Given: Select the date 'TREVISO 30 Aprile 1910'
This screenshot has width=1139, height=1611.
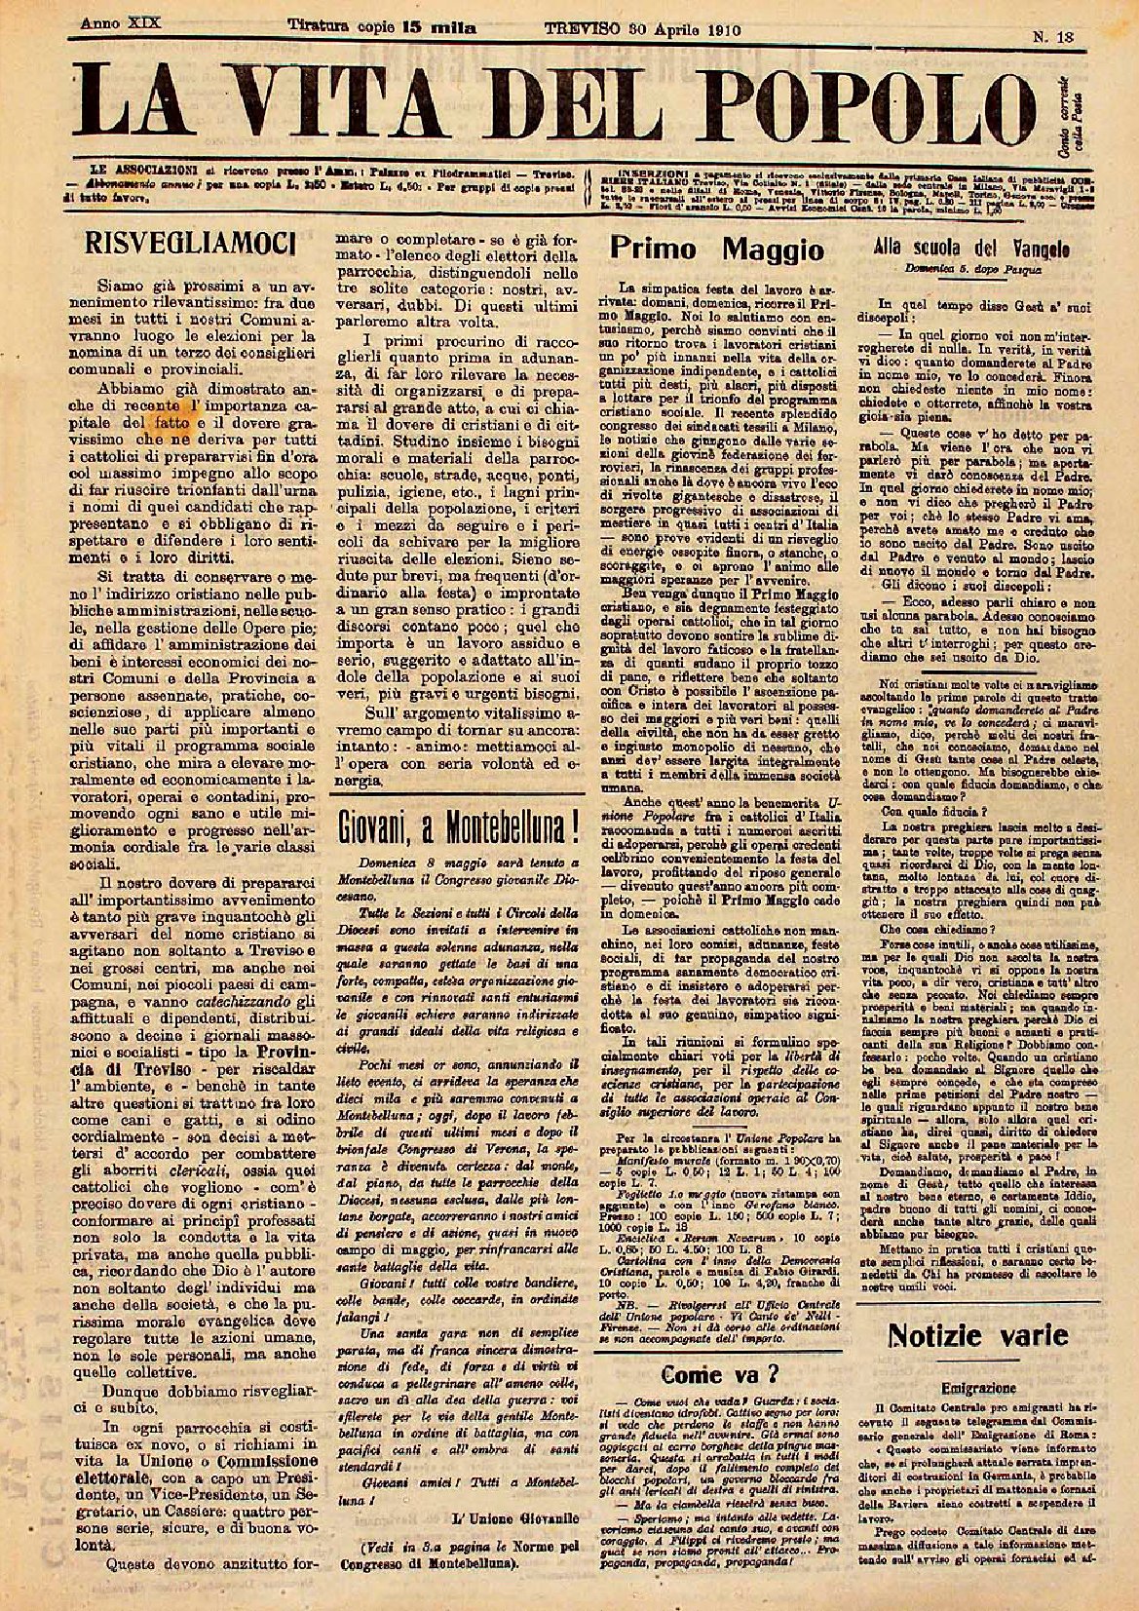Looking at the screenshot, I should click(643, 29).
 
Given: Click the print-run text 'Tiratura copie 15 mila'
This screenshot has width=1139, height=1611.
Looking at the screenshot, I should click(382, 29).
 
